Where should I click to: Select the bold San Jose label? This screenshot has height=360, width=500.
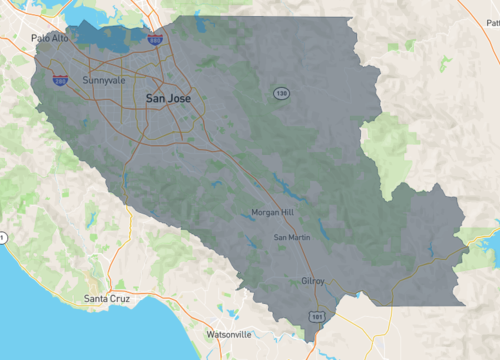point(168,98)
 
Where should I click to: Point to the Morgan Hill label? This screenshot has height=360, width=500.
point(272,213)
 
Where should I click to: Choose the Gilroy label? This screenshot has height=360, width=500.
point(313,281)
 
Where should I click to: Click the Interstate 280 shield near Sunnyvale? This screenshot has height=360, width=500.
point(60,77)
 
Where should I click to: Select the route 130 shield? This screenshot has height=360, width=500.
point(282,92)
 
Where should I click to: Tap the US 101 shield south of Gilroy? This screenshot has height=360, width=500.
point(316,316)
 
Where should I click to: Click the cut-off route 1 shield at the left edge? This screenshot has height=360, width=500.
point(3,237)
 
